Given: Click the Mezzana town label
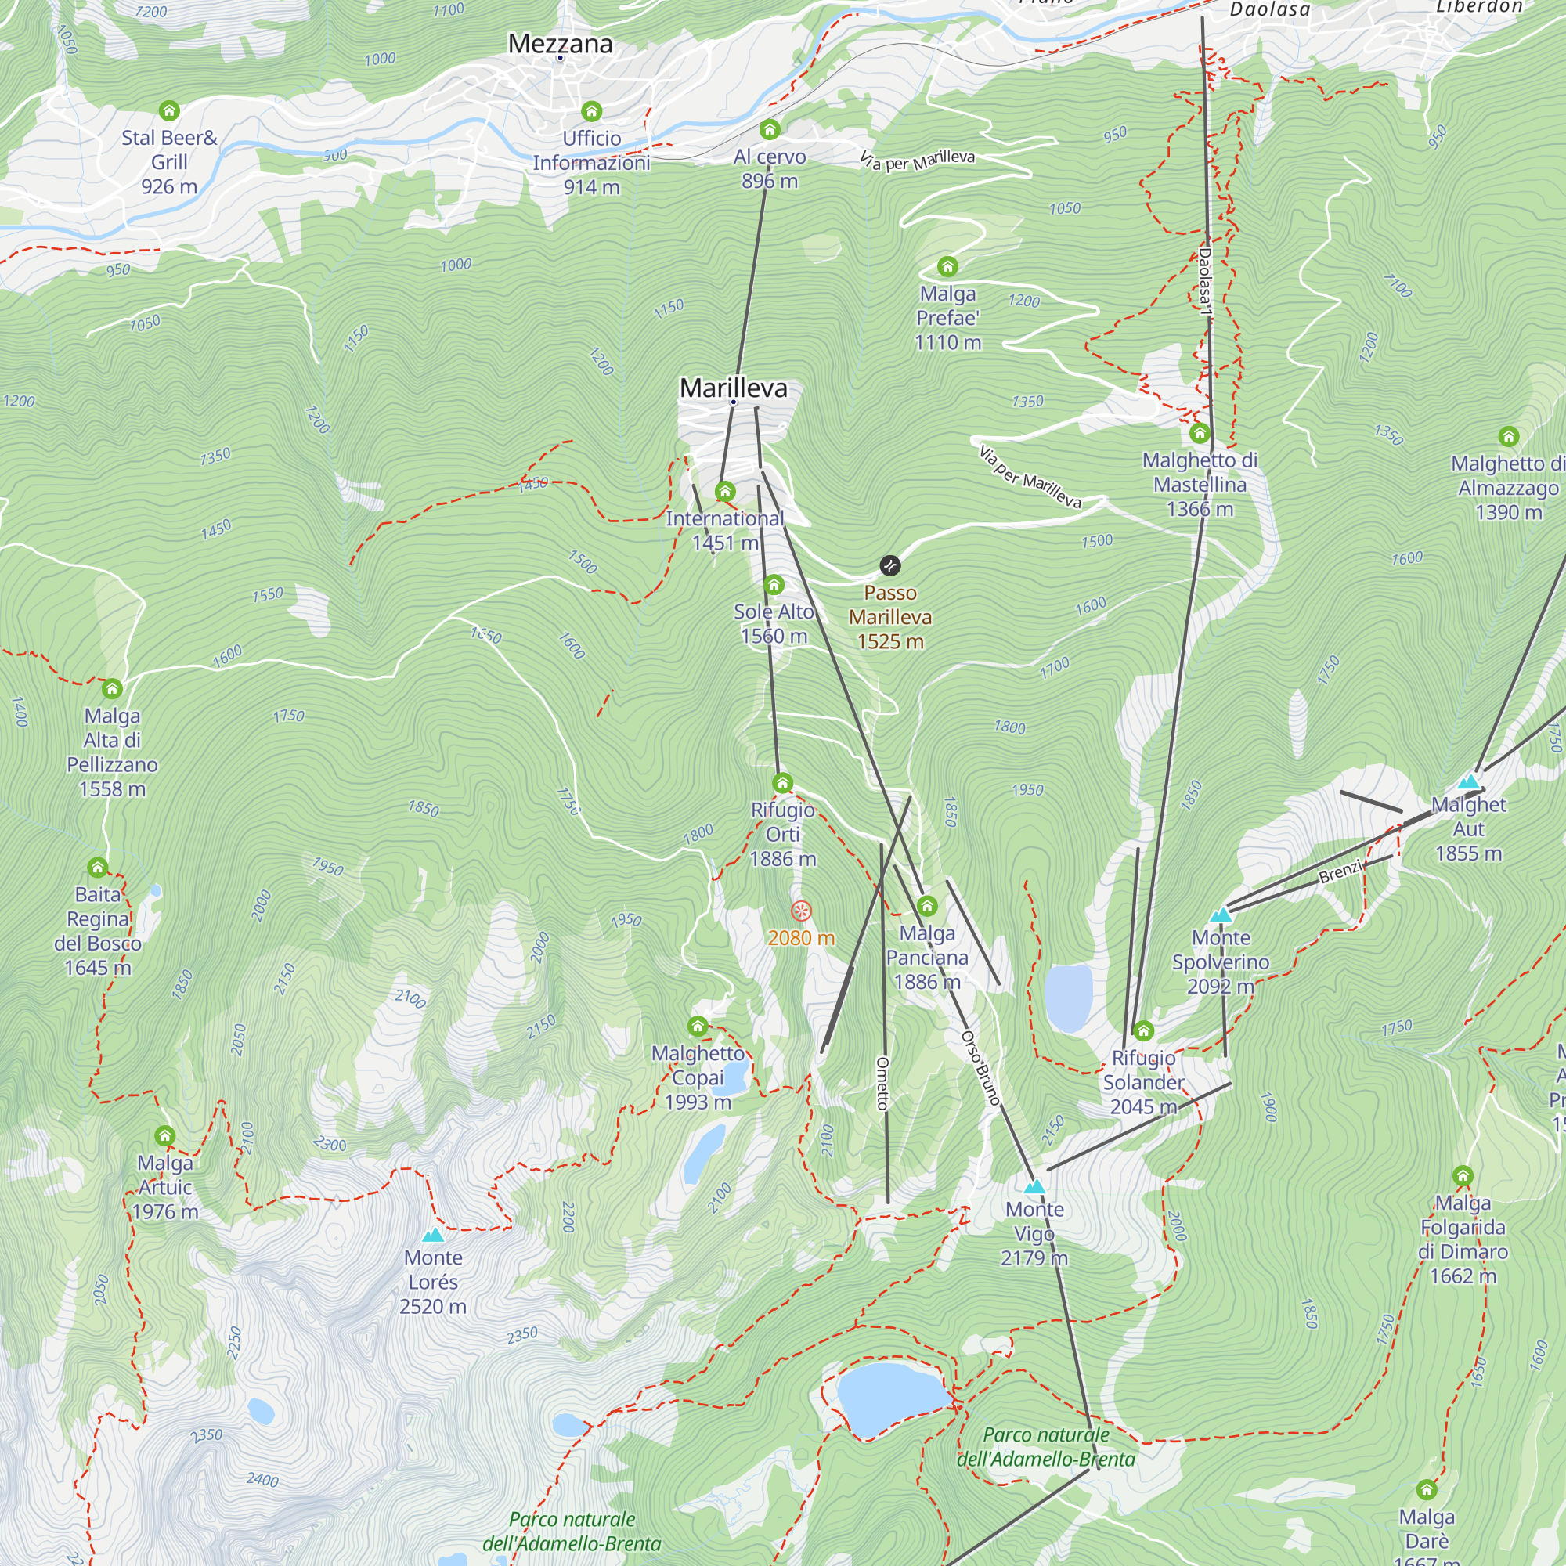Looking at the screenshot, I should coord(560,44).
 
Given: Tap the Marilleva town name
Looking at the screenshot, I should coord(733,388).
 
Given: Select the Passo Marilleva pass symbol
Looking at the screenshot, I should coord(889,565).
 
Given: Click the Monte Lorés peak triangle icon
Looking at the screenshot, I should coord(434,1236).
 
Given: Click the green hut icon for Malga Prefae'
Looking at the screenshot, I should coord(947,266).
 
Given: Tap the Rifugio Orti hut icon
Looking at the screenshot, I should coord(782,782).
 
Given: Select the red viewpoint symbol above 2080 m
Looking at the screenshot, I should coord(801,911).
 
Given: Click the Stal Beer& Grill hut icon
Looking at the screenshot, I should coord(168,110).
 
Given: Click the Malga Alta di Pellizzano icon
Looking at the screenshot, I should coord(112,689).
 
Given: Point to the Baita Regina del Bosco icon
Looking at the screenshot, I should coord(97,868).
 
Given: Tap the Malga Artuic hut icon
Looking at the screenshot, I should coord(164,1135).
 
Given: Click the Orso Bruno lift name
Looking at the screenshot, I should coord(981,1067).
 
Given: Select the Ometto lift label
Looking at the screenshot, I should coord(882,1083).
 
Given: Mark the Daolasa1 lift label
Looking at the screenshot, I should coord(1205,281).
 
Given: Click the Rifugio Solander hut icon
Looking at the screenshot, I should coord(1143,1031).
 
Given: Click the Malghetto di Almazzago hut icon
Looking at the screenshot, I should coord(1507,437).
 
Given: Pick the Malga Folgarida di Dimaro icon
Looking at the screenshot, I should coord(1462,1175).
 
